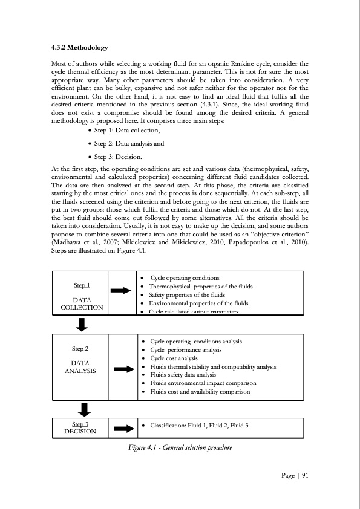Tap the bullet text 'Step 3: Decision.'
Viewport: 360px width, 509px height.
click(x=118, y=157)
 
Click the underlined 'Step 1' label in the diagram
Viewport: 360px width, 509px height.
click(x=82, y=285)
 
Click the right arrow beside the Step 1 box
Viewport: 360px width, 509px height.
click(x=121, y=291)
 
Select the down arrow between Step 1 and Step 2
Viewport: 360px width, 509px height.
click(x=82, y=325)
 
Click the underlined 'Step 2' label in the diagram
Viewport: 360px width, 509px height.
click(x=80, y=349)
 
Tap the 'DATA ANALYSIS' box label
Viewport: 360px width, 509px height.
click(x=80, y=366)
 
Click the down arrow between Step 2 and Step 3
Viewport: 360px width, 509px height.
click(x=84, y=409)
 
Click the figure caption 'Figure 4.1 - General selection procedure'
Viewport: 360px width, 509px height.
click(x=180, y=447)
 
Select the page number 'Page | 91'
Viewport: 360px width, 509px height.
click(x=295, y=475)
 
